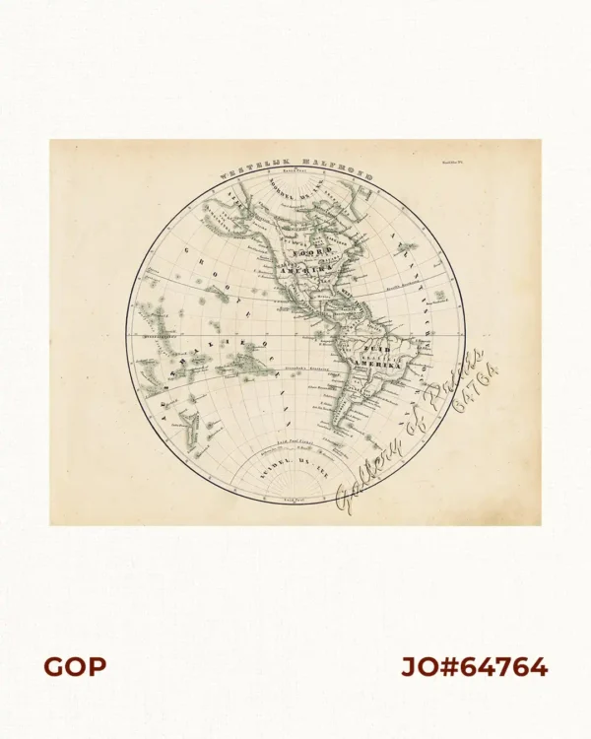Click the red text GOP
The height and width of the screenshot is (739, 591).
click(x=74, y=667)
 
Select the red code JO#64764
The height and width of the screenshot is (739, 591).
click(x=474, y=667)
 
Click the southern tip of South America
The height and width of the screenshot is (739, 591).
click(x=336, y=434)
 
